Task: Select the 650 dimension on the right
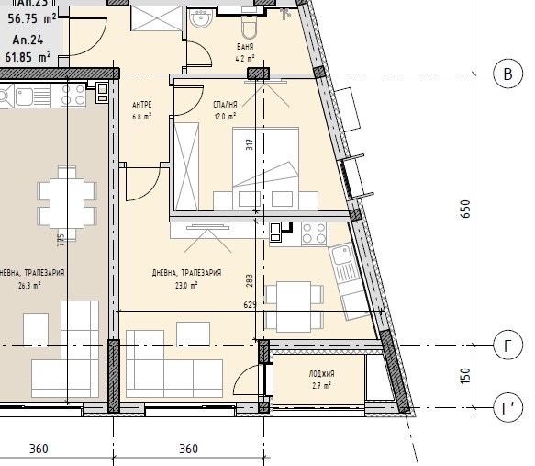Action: pos(465,210)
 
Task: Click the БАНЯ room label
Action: pos(245,46)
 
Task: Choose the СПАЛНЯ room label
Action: pos(225,105)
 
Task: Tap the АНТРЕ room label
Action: pos(141,105)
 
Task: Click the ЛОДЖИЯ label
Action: pos(321,373)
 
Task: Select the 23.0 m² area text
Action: pos(187,286)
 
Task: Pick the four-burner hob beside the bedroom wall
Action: pos(312,234)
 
